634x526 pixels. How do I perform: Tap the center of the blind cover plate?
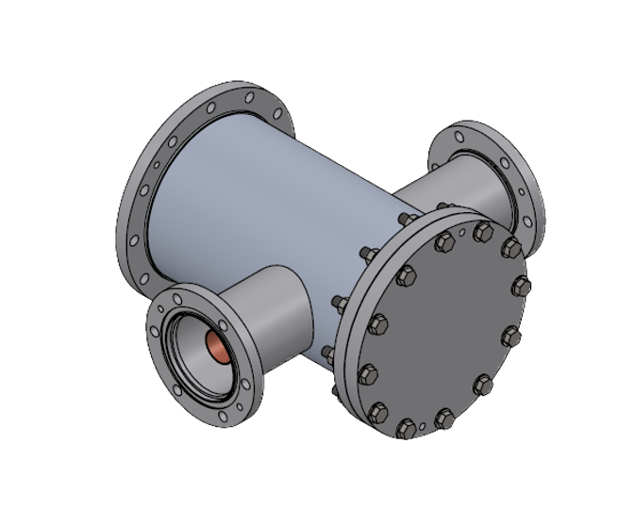pos(443,330)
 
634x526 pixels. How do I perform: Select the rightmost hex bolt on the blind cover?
pos(520,287)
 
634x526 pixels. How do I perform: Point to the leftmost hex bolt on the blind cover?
pos(369,372)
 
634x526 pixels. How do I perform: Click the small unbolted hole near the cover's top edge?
pos(462,229)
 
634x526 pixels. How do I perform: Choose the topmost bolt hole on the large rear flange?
pos(249,97)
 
